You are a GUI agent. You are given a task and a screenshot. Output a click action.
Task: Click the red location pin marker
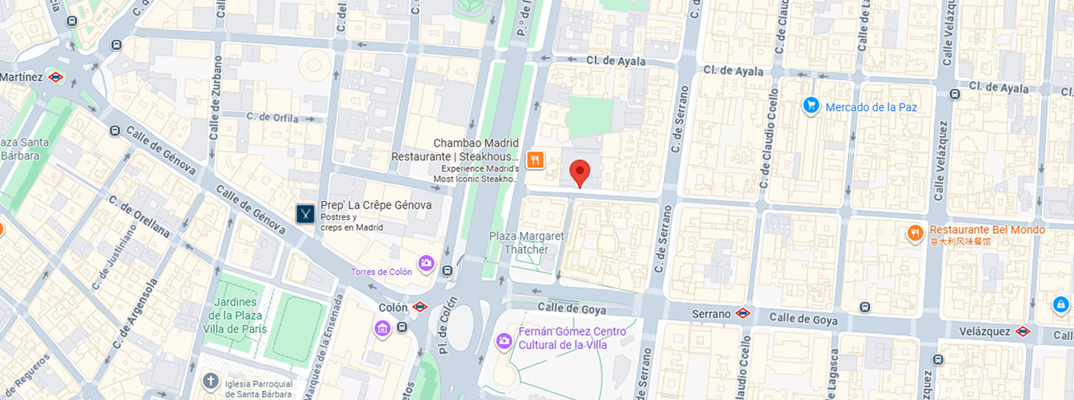[x=579, y=173]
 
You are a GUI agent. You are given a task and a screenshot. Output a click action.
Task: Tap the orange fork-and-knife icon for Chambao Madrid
[x=535, y=160]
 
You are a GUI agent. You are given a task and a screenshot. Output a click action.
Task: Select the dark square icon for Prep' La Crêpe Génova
[x=305, y=213]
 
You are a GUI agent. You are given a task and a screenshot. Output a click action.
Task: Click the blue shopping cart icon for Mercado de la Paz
[x=811, y=106]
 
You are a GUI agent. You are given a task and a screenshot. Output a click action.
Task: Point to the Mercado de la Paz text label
[x=871, y=107]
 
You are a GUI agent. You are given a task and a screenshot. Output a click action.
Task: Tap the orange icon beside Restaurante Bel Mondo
[x=915, y=232]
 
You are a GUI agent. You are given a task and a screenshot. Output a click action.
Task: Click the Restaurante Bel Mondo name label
[x=987, y=230]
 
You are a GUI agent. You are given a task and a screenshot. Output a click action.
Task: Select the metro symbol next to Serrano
[x=742, y=313]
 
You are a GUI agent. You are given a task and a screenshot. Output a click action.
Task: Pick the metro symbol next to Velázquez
[x=1022, y=332]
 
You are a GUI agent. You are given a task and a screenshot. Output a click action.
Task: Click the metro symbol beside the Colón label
[x=420, y=307]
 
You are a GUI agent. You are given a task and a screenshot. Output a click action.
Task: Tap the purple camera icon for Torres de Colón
[x=426, y=262]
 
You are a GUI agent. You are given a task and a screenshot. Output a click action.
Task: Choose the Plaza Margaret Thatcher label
[x=527, y=243]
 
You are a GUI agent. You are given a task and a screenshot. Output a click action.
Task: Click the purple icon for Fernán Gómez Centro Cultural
[x=503, y=340]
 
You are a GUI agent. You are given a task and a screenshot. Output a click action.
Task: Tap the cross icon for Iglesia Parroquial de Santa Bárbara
[x=211, y=381]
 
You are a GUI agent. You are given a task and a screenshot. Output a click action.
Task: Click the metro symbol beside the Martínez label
[x=56, y=77]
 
